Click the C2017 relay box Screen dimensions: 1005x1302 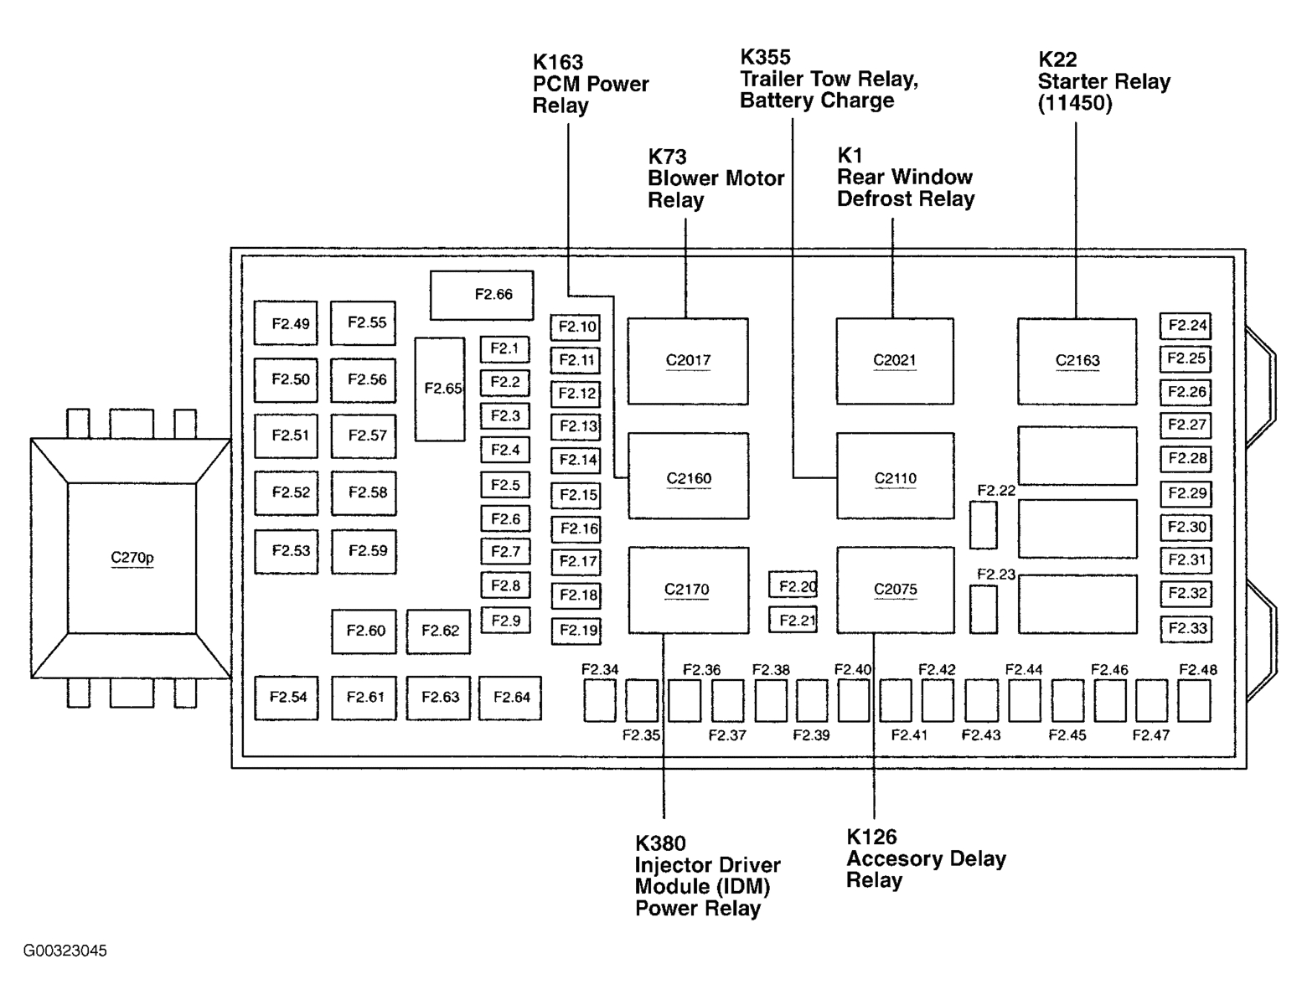[688, 361]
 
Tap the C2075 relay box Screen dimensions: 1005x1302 [895, 590]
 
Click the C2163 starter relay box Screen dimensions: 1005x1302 [1077, 361]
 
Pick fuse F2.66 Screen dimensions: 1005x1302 [483, 295]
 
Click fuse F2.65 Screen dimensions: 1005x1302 [440, 389]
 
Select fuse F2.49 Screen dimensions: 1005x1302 [287, 323]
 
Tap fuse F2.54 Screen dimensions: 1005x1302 [287, 697]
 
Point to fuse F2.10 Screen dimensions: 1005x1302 [576, 327]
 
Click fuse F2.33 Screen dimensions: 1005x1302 [1186, 628]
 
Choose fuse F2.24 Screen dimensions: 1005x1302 [1186, 325]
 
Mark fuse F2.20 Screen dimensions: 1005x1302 [793, 586]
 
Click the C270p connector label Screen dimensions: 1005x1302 [132, 558]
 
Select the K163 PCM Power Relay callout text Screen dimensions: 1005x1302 [590, 84]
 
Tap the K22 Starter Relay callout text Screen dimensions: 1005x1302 [1103, 81]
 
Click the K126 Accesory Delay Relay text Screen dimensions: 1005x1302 [925, 858]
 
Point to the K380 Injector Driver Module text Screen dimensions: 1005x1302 [706, 876]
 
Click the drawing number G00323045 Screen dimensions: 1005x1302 [65, 951]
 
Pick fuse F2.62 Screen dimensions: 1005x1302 [439, 631]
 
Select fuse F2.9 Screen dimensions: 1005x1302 [505, 621]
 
